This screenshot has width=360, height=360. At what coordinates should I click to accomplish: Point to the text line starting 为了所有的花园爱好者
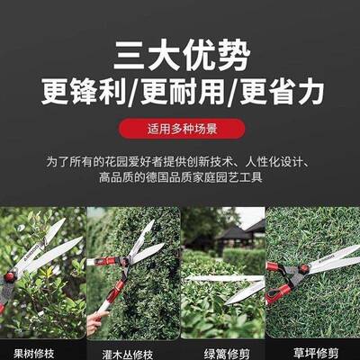click(180, 163)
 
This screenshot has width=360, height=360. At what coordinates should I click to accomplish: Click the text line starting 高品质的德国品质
click(180, 178)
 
